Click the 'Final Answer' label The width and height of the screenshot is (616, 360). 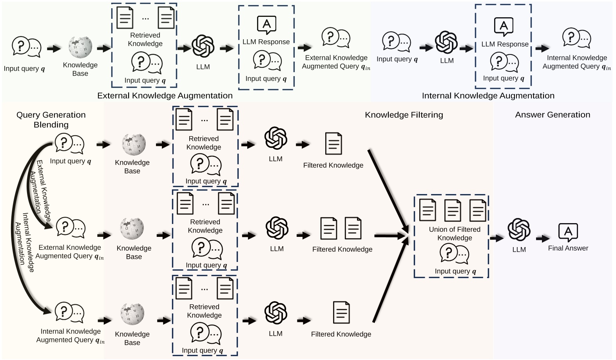(568, 248)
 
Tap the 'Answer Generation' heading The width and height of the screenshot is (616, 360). (552, 115)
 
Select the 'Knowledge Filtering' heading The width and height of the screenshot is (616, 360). (404, 115)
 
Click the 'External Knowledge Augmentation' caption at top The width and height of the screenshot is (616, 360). (165, 96)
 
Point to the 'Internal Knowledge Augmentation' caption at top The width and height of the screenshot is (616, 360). (488, 96)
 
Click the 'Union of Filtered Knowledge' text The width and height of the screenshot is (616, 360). (455, 234)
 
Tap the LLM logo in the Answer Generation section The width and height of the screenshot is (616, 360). (519, 230)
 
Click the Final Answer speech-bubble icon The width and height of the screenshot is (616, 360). (568, 232)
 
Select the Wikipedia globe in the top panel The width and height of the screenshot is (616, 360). (80, 47)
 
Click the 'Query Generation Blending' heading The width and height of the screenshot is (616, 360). (51, 120)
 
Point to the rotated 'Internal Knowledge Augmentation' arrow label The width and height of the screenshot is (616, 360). (24, 242)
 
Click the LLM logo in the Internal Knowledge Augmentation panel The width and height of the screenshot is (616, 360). (446, 42)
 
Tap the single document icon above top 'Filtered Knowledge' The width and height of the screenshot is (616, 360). (333, 144)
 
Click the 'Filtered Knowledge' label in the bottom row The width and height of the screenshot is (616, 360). (341, 334)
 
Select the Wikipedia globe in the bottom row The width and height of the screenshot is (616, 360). (132, 314)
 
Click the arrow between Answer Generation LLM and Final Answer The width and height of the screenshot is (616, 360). (543, 238)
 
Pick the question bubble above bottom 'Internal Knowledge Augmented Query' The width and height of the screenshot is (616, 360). (69, 313)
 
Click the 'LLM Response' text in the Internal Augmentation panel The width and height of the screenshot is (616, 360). (505, 44)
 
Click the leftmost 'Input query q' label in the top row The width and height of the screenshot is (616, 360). (24, 69)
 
